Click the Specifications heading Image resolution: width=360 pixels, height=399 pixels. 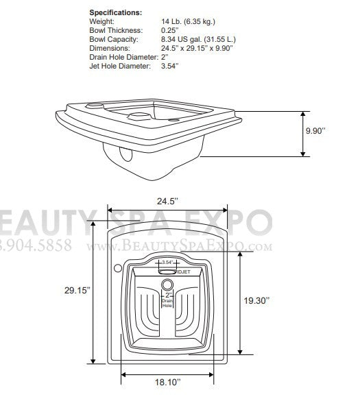click(116, 13)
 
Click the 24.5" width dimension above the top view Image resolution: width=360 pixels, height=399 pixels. click(167, 202)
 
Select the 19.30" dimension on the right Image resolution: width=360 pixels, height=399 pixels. click(276, 300)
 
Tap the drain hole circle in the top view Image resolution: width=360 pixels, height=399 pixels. click(167, 285)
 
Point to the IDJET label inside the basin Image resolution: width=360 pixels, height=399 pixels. click(183, 271)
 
